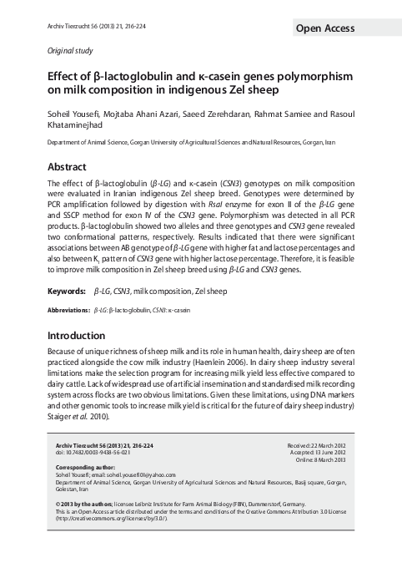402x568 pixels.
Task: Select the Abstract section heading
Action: (68, 166)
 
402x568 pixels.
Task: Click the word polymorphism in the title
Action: (310, 76)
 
